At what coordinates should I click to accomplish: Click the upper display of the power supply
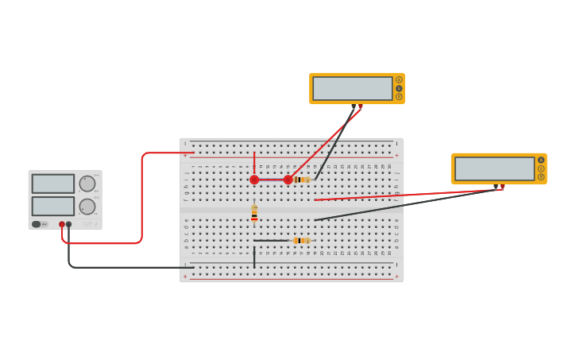point(53,184)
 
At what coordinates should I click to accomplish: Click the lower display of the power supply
point(53,206)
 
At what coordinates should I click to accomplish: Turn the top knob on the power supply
point(87,184)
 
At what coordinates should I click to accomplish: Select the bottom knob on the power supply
point(87,207)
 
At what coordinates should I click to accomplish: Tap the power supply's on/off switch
point(37,224)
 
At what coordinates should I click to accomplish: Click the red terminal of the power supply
point(62,224)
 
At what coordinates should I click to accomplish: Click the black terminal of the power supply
point(69,224)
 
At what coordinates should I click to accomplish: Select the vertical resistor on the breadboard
point(254,213)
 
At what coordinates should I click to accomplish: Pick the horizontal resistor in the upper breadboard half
point(301,180)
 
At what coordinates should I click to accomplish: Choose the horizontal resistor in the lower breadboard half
point(300,240)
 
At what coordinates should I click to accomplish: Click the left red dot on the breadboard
point(254,180)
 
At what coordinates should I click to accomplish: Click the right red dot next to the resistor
point(288,180)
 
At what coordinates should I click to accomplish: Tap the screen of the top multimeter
point(353,88)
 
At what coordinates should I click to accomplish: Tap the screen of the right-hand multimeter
point(494,168)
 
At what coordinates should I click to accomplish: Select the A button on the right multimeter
point(541,160)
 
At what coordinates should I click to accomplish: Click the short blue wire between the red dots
point(271,180)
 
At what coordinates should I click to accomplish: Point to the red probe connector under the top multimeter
point(361,106)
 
